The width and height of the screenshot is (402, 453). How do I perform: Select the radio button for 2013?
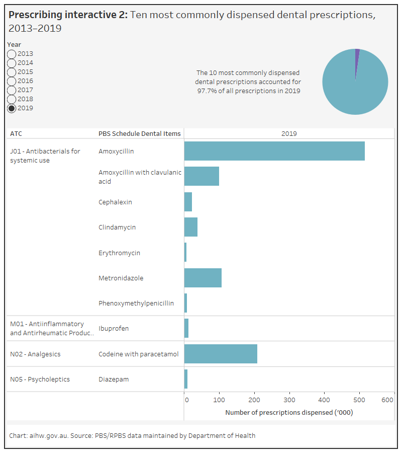[x=12, y=54]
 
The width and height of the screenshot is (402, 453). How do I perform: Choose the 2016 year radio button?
[x=12, y=81]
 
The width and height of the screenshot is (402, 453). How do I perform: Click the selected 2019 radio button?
[x=12, y=108]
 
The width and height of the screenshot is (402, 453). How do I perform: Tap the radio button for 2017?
[x=12, y=90]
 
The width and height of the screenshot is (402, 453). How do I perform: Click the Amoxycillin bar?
[x=274, y=151]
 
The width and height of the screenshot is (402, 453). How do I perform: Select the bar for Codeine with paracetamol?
[x=221, y=354]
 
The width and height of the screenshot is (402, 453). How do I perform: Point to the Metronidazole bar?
[x=203, y=278]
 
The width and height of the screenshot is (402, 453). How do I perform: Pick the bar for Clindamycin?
[x=191, y=227]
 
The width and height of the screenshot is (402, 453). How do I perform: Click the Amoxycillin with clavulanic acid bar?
[x=202, y=176]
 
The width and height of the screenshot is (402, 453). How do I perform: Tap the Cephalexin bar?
[x=188, y=202]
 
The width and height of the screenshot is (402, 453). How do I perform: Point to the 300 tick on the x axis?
[x=289, y=400]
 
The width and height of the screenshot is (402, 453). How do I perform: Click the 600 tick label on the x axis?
[x=387, y=400]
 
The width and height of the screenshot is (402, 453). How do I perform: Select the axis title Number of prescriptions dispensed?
[x=289, y=412]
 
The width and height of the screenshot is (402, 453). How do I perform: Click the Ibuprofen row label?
[x=114, y=329]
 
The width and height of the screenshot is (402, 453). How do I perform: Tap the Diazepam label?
[x=114, y=379]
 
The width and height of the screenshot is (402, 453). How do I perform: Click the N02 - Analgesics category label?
[x=35, y=354]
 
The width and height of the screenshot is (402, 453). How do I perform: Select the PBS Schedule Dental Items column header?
[x=139, y=133]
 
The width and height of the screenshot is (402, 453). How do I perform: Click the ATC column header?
[x=16, y=133]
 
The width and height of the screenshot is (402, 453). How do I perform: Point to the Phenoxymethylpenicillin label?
[x=136, y=303]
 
